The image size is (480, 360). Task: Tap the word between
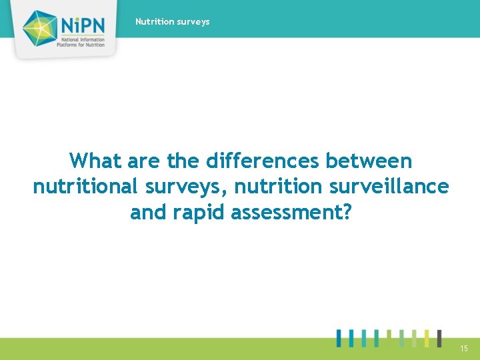tap(369, 161)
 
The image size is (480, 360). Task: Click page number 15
tap(463, 349)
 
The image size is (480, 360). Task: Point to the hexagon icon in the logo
tap(41, 29)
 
